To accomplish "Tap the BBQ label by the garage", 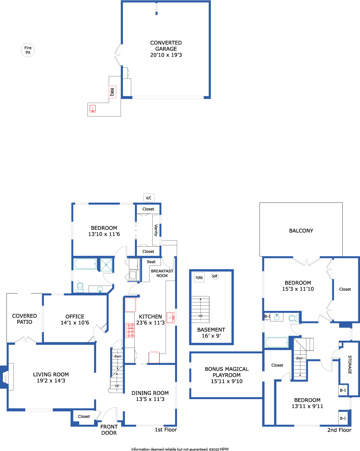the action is tap(112, 92).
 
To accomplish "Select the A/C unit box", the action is tap(149, 198).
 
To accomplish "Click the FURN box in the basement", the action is tap(199, 278).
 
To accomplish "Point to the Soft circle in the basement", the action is tap(215, 276).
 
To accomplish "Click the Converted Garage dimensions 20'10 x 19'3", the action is tap(166, 55).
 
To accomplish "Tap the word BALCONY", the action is tap(301, 231).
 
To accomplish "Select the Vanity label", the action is tap(156, 230).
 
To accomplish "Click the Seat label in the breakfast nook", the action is tap(151, 262).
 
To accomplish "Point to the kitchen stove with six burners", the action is tap(130, 330).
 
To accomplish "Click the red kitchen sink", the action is tap(171, 318).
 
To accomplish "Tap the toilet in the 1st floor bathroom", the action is tap(80, 287).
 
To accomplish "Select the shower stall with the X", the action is tap(106, 265).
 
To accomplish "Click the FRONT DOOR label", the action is tap(109, 430).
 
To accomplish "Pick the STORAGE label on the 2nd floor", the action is tap(350, 365).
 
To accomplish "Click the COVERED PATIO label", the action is tap(24, 319).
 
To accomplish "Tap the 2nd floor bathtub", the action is tap(276, 342).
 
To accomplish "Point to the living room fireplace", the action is tap(7, 377).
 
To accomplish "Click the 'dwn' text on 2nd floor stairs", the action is tap(300, 358).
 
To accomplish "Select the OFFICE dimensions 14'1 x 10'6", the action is tap(75, 322).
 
